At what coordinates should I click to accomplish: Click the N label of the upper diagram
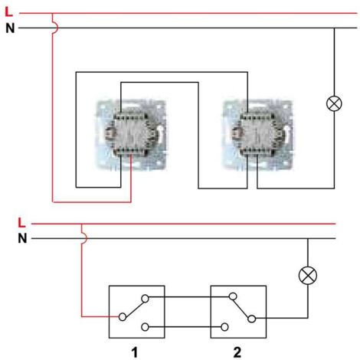9,28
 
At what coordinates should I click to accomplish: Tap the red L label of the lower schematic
21,223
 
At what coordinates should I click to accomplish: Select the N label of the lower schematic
21,237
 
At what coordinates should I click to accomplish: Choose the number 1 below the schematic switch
135,352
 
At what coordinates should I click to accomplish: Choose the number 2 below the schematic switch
237,352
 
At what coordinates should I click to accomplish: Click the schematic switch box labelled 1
136,312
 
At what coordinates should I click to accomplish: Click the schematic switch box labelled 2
237,312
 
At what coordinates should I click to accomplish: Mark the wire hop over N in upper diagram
52,28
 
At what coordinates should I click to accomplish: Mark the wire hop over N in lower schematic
81,237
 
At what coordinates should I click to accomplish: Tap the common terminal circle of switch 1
120,316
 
